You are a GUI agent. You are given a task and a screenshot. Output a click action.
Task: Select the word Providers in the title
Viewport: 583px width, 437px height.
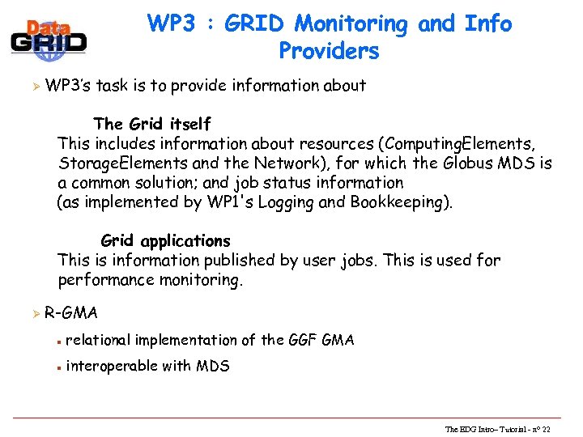[x=329, y=51]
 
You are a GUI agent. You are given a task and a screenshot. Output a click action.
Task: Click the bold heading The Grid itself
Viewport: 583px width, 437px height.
[x=152, y=124]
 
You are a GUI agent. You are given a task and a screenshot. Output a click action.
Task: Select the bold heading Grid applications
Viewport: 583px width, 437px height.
[x=165, y=241]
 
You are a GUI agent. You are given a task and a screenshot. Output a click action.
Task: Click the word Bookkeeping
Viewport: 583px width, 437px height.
[x=400, y=202]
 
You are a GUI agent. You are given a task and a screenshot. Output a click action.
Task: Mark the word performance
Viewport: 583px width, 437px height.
[x=106, y=280]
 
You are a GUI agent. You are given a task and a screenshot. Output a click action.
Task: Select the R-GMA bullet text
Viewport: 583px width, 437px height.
[x=71, y=312]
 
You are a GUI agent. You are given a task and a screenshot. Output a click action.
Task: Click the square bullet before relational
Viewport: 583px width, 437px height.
[x=58, y=341]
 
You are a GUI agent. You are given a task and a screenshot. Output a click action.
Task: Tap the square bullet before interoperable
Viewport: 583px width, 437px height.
[x=58, y=367]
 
